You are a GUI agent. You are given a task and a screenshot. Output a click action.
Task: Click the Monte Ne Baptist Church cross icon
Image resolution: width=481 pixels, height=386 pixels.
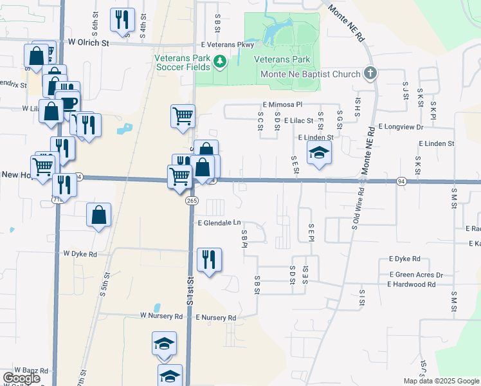pyautogui.click(x=370, y=73)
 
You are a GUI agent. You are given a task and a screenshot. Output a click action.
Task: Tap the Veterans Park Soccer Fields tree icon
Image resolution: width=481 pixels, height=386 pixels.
pyautogui.click(x=220, y=62)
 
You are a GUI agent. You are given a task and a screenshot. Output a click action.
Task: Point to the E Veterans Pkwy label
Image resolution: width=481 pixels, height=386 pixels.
pyautogui.click(x=227, y=44)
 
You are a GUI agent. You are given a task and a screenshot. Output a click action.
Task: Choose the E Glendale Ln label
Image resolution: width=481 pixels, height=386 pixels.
pyautogui.click(x=219, y=223)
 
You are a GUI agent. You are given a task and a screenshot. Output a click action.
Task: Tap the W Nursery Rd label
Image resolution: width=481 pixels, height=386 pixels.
pyautogui.click(x=161, y=317)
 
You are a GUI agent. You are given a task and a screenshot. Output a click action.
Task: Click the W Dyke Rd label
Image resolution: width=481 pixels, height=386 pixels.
pyautogui.click(x=80, y=254)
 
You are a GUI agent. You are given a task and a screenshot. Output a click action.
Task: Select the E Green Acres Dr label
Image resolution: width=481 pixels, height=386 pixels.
pyautogui.click(x=415, y=275)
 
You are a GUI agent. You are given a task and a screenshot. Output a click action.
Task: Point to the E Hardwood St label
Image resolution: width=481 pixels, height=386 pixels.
pyautogui.click(x=411, y=284)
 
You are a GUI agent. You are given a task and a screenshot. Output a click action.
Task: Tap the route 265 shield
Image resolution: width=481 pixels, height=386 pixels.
pyautogui.click(x=192, y=201)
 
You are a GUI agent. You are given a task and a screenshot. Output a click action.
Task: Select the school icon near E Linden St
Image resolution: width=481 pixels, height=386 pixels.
pyautogui.click(x=318, y=153)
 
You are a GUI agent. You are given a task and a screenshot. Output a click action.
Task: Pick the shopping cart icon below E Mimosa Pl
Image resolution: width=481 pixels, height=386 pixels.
pyautogui.click(x=183, y=117)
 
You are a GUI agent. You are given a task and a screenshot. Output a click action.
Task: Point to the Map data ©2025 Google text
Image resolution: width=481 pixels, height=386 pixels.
pyautogui.click(x=440, y=381)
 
